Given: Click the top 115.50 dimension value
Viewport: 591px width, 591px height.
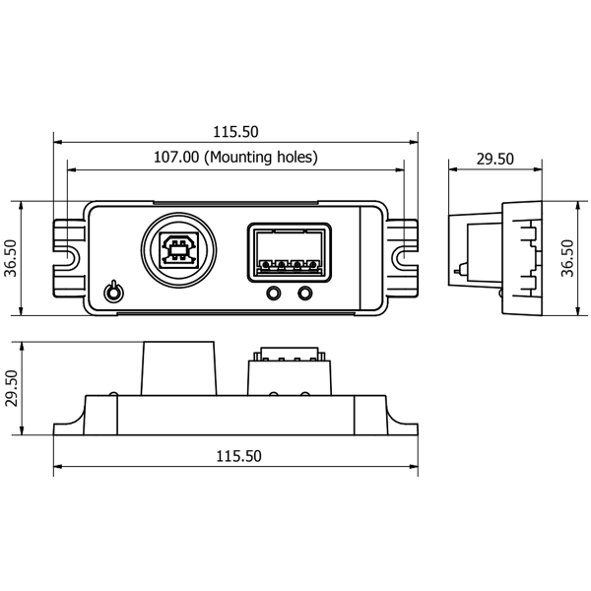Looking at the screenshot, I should (236, 130).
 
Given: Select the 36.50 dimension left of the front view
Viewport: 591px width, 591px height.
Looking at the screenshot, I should (11, 259).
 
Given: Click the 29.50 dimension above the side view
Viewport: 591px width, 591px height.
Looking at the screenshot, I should (494, 159).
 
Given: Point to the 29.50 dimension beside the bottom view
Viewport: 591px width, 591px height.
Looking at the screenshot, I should (11, 388).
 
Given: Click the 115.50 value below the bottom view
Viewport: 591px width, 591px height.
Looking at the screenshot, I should (236, 456).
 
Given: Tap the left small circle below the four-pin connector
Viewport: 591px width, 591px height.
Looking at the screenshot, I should (275, 293).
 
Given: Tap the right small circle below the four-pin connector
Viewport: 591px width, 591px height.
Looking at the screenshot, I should (306, 293).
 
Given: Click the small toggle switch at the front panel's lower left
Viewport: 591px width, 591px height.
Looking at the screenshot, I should (113, 293).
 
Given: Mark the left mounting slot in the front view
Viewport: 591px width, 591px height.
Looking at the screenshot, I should (69, 257).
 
